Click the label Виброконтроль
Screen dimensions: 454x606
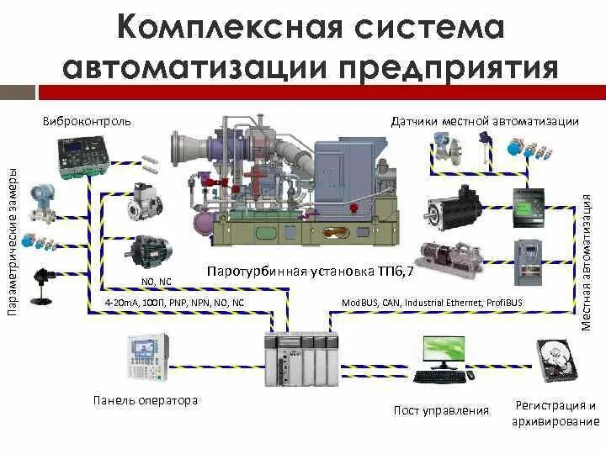point(87,121)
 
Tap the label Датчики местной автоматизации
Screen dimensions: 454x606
point(485,121)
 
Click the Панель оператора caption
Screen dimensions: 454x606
point(146,400)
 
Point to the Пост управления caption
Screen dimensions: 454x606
point(441,410)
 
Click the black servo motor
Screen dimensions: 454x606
point(453,207)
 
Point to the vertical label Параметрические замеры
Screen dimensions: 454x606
point(13,240)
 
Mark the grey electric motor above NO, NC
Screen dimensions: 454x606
point(150,251)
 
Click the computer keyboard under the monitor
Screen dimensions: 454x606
point(440,377)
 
